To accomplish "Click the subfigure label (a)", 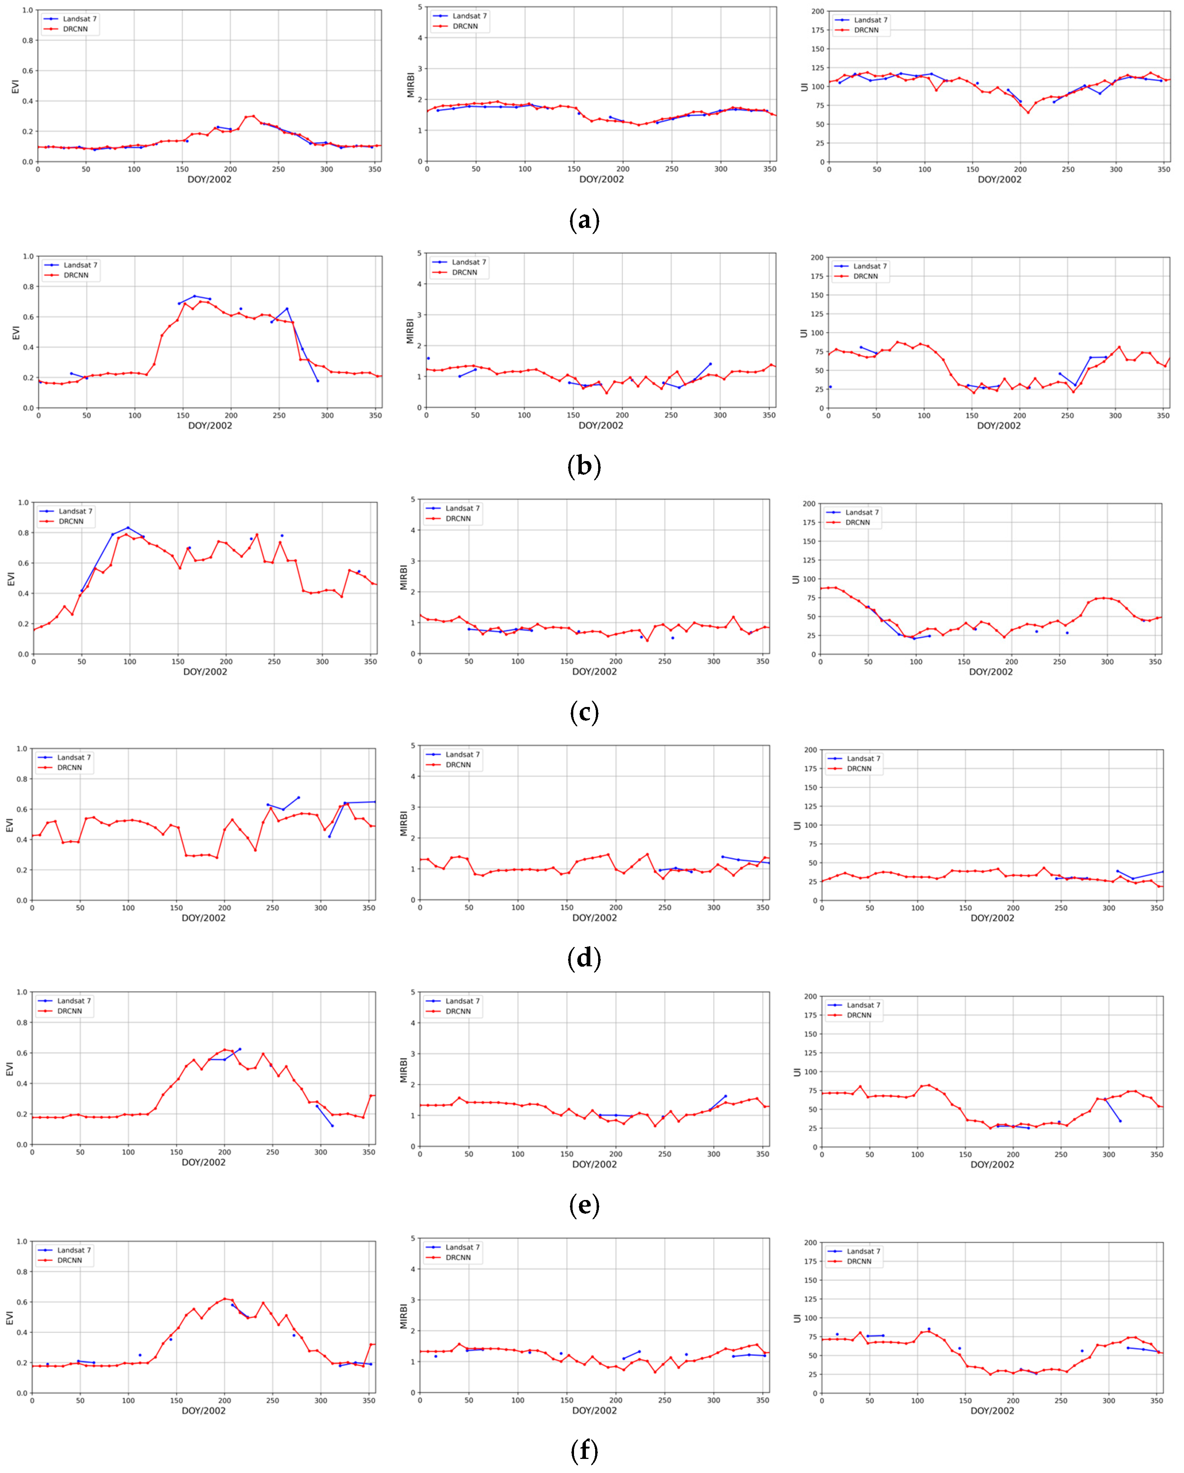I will tap(584, 221).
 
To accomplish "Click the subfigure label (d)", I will tap(584, 959).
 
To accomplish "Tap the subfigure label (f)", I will tap(584, 1450).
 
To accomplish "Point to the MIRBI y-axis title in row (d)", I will tap(403, 823).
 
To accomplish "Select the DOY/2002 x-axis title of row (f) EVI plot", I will tap(204, 1410).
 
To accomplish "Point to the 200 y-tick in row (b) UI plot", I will tap(817, 257).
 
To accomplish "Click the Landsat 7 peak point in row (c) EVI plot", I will tap(128, 527).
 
